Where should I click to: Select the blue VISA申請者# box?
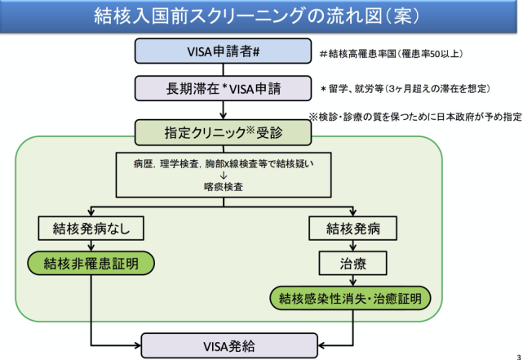(223, 51)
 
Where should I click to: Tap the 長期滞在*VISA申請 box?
(223, 87)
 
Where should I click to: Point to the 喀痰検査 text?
(222, 186)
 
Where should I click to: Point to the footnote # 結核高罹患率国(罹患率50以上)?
(392, 54)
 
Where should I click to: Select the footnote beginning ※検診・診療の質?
(414, 117)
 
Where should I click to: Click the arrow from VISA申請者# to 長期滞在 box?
(223, 69)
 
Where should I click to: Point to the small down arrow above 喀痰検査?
(223, 174)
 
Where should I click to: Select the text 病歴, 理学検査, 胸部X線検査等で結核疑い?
(222, 162)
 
